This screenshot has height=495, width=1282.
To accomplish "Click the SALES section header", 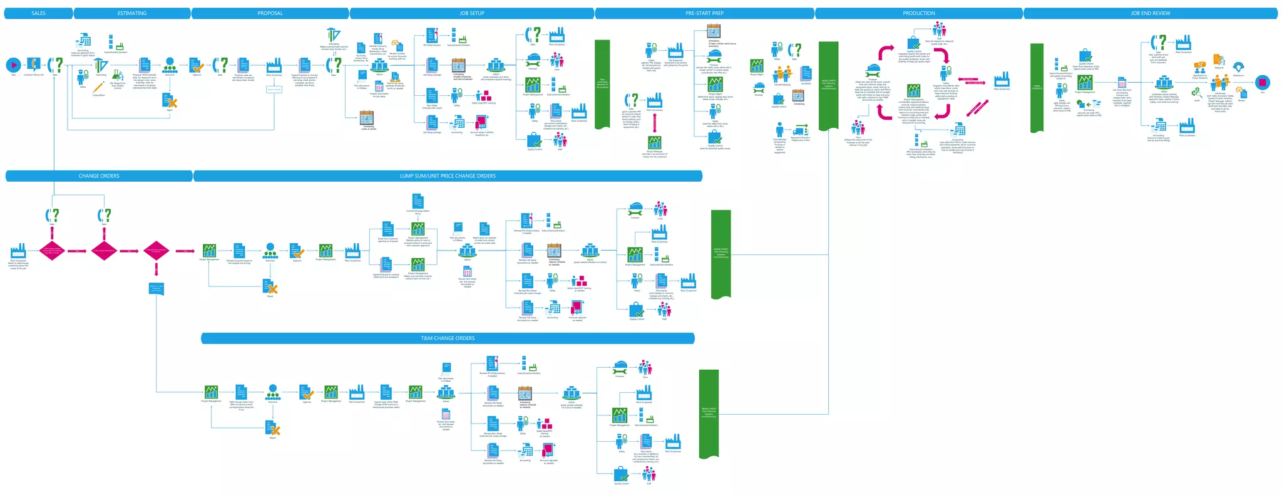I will [38, 13].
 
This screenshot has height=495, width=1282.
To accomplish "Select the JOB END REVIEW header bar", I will [1150, 13].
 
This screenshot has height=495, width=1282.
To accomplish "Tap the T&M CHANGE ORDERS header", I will [448, 338].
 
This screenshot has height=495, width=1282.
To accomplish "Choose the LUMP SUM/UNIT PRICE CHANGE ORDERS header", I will [448, 176].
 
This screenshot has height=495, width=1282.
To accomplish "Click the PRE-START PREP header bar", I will [704, 13].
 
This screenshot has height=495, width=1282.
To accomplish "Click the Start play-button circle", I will [13, 65].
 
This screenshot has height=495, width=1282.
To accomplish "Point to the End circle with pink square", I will [1263, 83].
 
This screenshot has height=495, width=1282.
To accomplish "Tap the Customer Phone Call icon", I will [34, 64].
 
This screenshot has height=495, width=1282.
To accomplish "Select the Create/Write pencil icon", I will [98, 88].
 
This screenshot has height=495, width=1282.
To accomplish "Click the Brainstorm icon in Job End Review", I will [1238, 67].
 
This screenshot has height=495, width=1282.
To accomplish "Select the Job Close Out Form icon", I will [1122, 83].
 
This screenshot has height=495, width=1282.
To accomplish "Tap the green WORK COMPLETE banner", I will [1037, 87].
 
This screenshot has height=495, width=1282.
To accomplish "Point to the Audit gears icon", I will [1196, 92].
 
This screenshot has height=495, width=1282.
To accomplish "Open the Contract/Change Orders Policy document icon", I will [418, 201].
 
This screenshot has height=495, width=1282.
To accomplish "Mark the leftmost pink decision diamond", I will [52, 251].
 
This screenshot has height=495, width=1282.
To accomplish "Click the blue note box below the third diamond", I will [156, 288].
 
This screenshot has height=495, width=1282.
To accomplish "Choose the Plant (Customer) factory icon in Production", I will [1002, 79].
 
